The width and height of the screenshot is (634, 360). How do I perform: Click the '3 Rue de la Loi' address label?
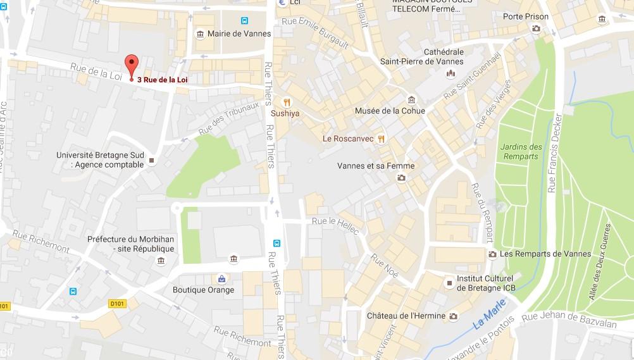point(162,80)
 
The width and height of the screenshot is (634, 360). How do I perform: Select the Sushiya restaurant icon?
point(287,102)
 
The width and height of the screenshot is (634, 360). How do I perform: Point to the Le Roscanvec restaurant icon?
point(381,138)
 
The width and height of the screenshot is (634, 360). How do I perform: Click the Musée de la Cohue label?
point(390,111)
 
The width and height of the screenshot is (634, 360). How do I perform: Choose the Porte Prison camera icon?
point(537,28)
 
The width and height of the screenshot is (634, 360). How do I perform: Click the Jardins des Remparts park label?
point(521,151)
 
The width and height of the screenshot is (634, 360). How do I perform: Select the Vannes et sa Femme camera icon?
point(401,178)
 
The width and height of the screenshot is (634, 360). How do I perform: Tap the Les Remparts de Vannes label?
point(545,254)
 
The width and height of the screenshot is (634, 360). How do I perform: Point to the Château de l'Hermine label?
point(406,316)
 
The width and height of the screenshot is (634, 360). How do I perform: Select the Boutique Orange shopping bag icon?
point(221,278)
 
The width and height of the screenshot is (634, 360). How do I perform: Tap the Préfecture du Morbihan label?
point(130,244)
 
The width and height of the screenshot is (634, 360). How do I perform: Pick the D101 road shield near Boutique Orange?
point(115,304)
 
